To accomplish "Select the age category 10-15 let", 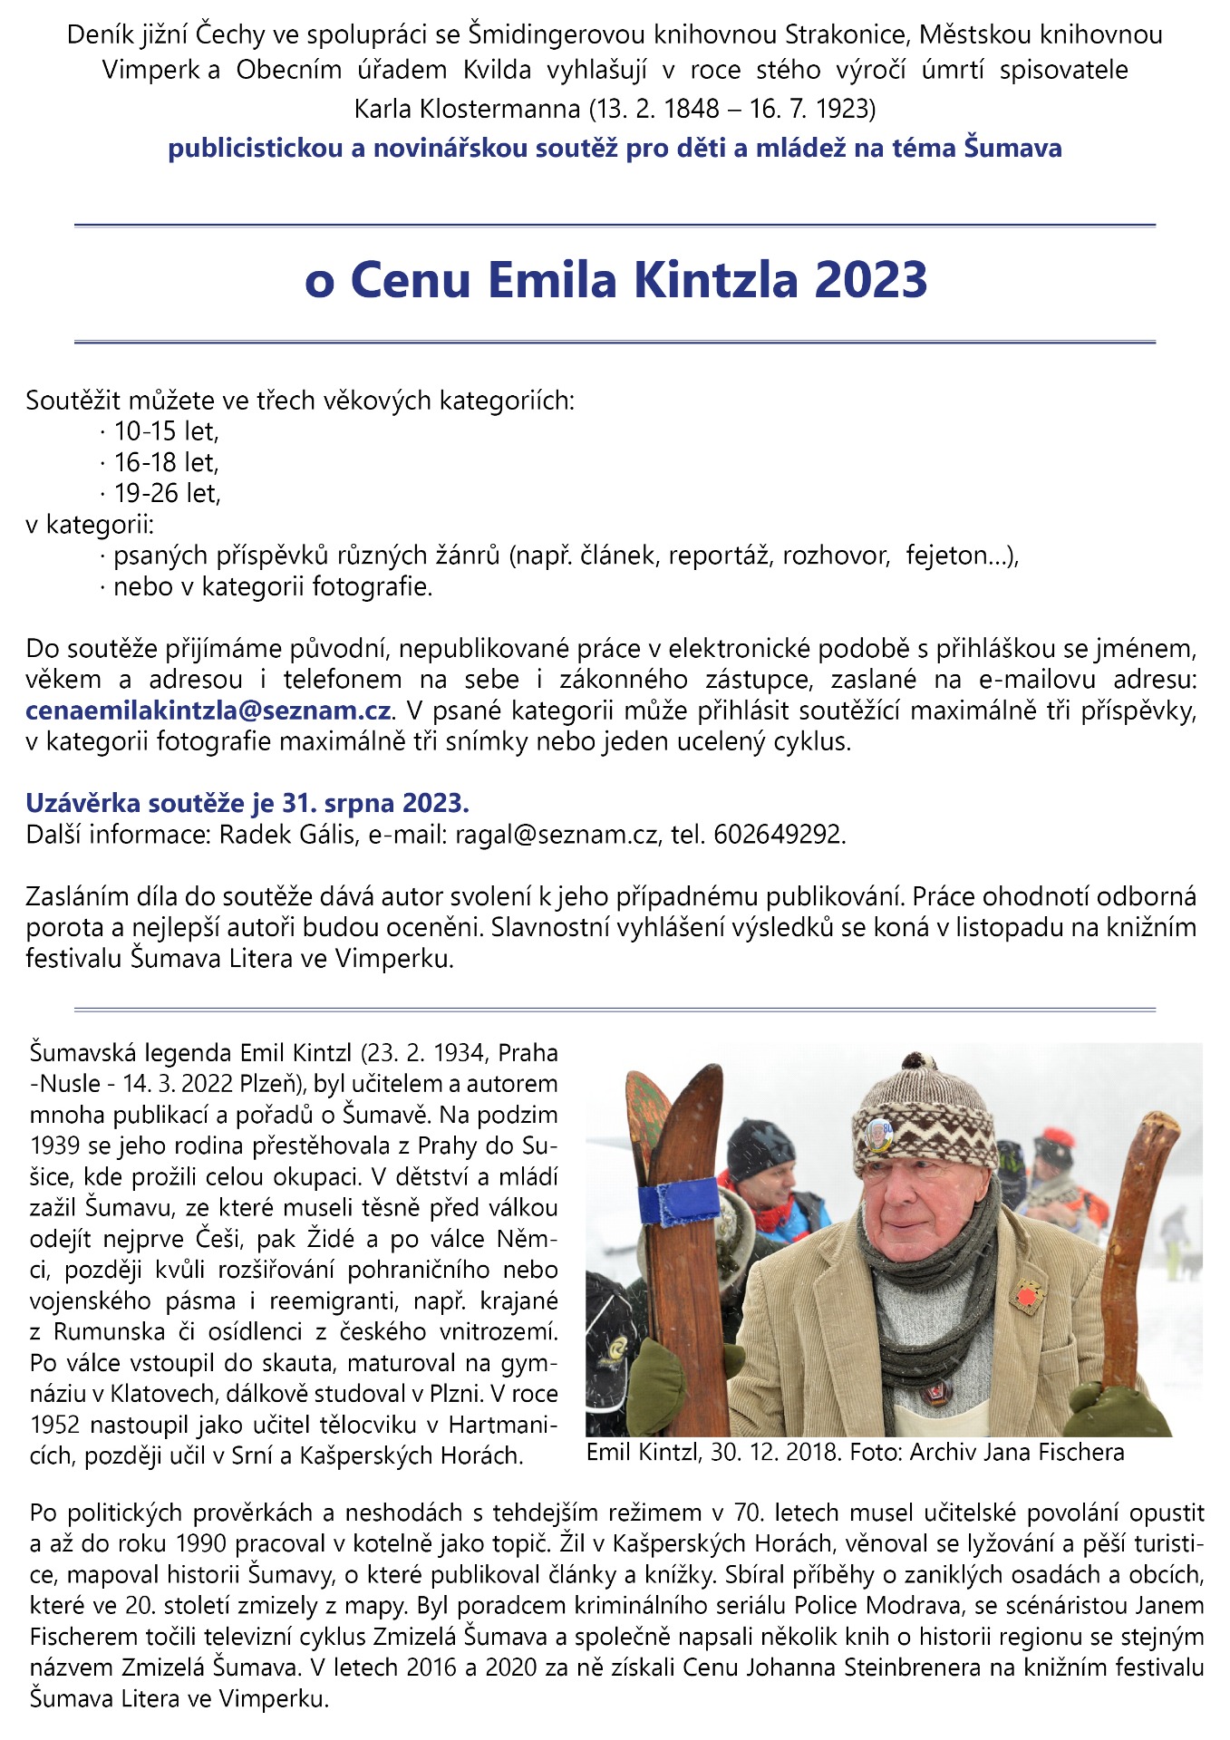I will (x=166, y=431).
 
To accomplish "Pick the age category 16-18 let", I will (x=166, y=463).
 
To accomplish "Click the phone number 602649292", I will (x=779, y=835).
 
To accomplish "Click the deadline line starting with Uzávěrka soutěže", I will (x=247, y=803).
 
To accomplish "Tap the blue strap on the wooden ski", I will (x=679, y=1203).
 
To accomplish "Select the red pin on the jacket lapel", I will (x=1026, y=1297).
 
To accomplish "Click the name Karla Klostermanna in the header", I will (x=467, y=109).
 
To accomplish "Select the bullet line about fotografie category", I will (x=272, y=587).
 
